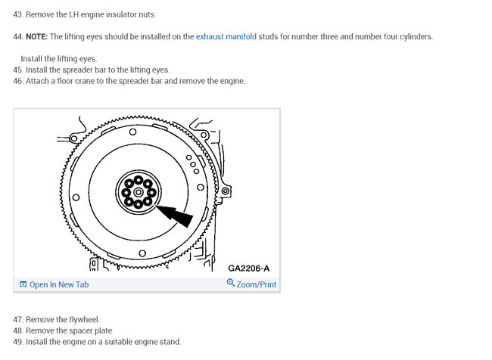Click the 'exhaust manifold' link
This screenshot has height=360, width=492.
226,37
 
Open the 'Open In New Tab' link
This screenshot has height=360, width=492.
59,284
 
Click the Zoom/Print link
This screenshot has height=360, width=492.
257,284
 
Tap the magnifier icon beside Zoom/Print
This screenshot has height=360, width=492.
231,283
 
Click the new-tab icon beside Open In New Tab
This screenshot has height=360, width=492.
23,284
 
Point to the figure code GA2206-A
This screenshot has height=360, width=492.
248,268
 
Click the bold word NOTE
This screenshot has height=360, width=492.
37,37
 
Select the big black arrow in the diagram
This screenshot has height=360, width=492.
174,215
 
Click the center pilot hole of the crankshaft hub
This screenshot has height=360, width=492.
138,192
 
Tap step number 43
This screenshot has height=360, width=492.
18,14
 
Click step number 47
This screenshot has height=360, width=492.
18,320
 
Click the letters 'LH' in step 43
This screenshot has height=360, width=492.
73,14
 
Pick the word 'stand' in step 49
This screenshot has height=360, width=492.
172,342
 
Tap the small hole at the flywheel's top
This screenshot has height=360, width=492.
132,132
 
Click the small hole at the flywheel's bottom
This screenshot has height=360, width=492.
142,253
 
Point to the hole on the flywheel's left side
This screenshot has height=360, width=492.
76,197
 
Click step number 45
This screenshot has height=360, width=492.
18,70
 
